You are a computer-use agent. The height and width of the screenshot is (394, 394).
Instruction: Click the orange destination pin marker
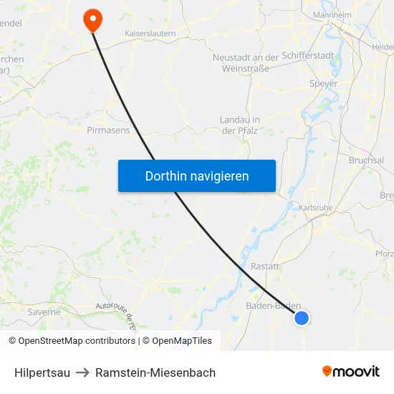tap(92, 19)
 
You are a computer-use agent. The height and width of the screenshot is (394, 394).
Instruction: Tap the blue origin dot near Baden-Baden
tap(302, 317)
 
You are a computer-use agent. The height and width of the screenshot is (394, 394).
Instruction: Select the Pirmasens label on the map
tap(108, 130)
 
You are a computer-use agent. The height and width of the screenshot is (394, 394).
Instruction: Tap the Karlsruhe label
tap(316, 208)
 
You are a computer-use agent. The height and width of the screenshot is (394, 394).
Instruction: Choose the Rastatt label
tap(264, 266)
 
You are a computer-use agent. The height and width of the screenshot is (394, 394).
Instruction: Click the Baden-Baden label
tap(272, 305)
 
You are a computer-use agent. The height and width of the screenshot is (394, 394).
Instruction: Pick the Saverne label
tap(44, 312)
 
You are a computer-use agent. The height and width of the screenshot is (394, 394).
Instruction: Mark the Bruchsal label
tap(366, 160)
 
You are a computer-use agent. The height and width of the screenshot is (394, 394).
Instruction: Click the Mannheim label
tap(332, 14)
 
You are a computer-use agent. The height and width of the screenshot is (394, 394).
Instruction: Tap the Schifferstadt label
tap(307, 55)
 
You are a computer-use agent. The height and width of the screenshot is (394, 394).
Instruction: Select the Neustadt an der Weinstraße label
tap(246, 62)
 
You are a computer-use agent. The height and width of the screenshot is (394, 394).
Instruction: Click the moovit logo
tap(351, 371)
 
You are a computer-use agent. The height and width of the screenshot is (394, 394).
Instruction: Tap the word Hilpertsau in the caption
tap(42, 373)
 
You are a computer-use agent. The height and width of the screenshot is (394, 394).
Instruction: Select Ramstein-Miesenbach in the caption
tap(155, 373)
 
